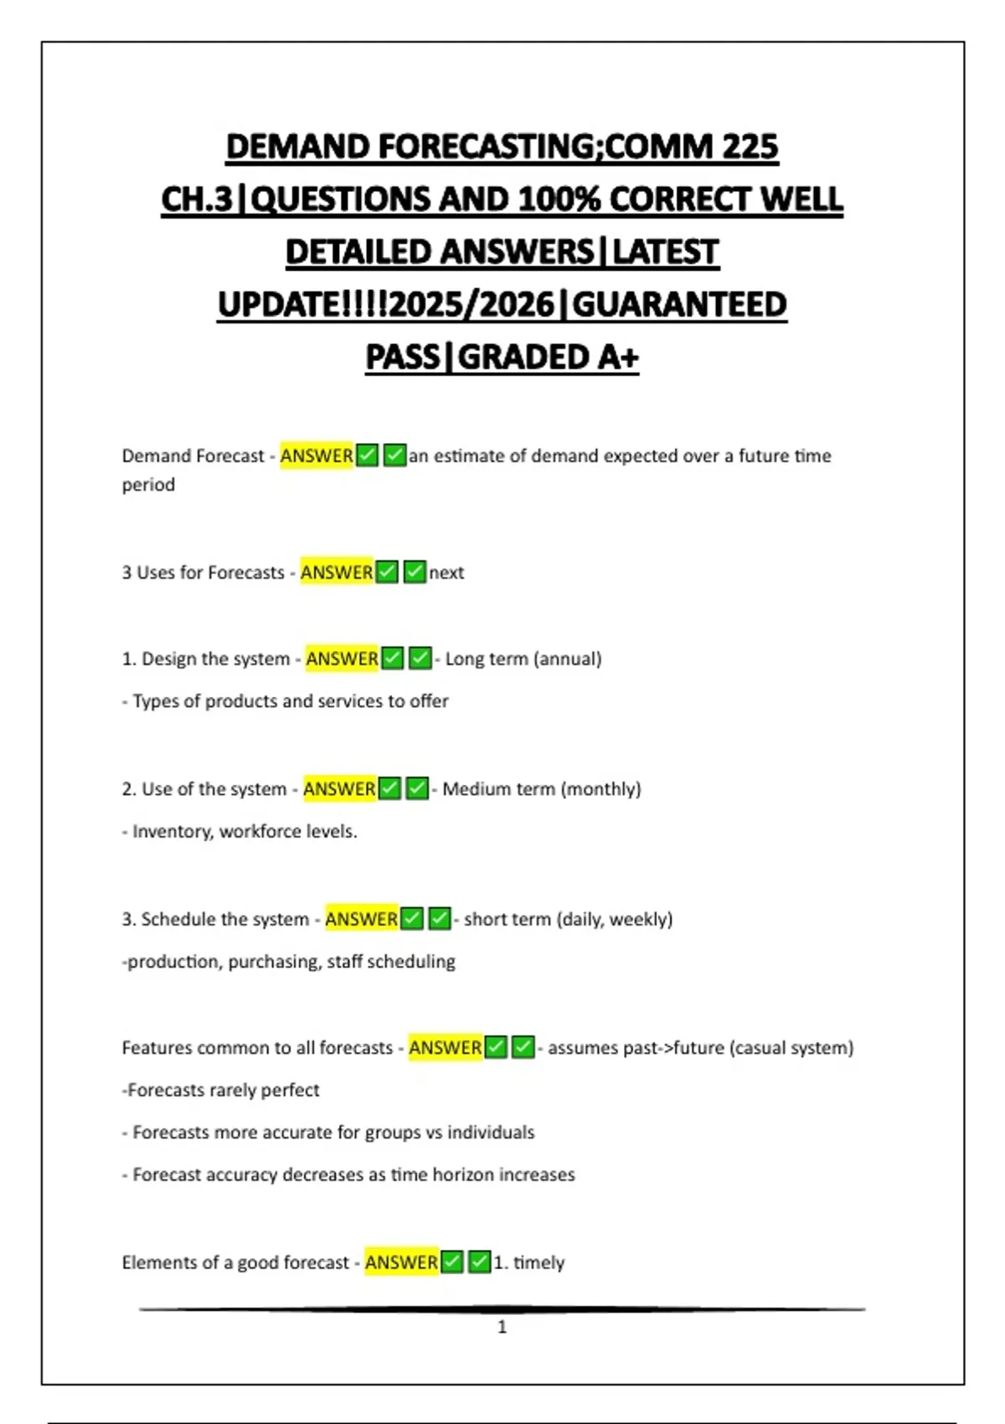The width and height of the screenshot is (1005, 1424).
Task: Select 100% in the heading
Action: tap(559, 199)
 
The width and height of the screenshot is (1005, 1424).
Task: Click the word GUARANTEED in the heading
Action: tap(679, 305)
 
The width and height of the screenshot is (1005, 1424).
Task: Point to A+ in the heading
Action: tap(618, 358)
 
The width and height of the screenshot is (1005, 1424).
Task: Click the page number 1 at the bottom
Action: tap(502, 1327)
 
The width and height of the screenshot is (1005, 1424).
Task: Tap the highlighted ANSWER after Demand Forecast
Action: tap(317, 456)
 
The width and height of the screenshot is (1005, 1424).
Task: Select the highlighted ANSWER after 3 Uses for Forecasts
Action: tap(337, 572)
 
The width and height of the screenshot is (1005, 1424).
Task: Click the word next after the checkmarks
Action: tap(446, 573)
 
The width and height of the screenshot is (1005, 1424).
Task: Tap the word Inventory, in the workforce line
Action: tap(173, 832)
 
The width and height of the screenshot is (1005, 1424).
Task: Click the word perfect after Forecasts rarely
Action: tap(289, 1091)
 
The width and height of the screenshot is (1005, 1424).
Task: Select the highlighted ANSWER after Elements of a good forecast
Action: tap(401, 1262)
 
